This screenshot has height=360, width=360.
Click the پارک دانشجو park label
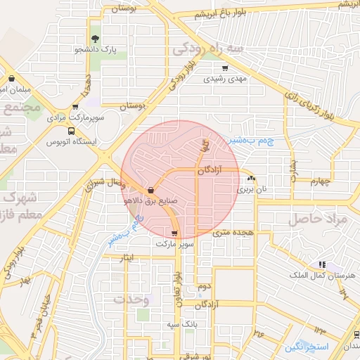[x=95, y=50]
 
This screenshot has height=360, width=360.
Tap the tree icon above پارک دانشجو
[x=95, y=39]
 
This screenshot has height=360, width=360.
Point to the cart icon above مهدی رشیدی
[x=224, y=68]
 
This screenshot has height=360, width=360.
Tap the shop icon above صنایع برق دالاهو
[x=151, y=189]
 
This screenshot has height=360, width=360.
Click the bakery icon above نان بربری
[x=252, y=179]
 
